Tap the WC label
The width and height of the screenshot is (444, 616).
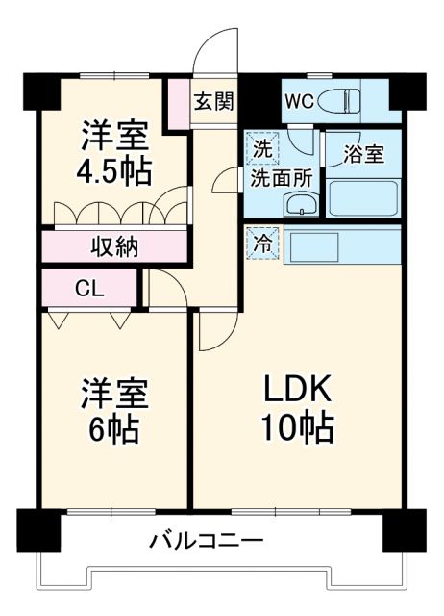coord(297,100)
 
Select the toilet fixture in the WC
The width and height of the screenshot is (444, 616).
coord(337,100)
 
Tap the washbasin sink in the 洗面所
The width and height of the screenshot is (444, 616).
coord(301,205)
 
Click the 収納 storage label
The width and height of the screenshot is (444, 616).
coord(114,245)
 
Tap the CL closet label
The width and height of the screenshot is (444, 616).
coord(90,287)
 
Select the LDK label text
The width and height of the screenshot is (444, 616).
coord(298,389)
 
